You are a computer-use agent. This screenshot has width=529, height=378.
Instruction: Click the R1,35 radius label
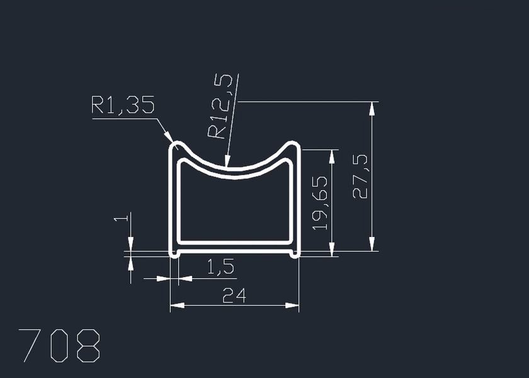point(123,105)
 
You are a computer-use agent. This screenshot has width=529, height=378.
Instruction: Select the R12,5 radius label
point(220,106)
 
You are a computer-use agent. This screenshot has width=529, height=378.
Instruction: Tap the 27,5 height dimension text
point(360,176)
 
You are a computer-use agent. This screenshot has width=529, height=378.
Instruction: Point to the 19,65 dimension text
point(320,203)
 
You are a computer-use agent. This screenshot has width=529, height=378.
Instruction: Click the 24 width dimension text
point(234,295)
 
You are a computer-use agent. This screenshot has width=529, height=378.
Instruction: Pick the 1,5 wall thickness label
point(220,266)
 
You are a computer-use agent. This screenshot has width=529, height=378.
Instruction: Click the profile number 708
point(59,346)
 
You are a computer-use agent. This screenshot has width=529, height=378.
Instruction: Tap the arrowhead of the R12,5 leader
point(227,161)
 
